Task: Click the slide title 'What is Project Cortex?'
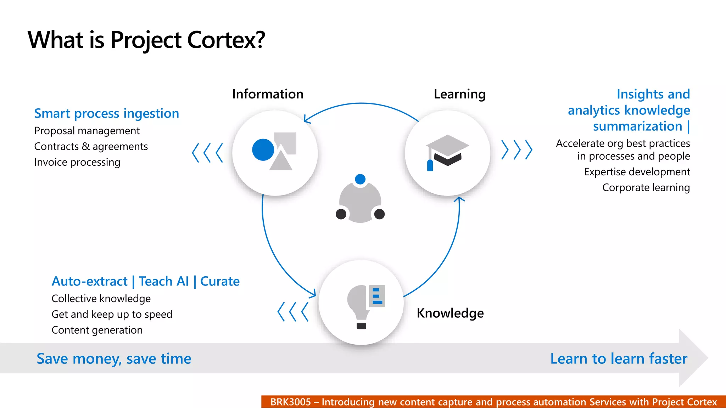click(x=146, y=40)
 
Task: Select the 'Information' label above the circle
click(x=268, y=94)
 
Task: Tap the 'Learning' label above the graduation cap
click(x=459, y=94)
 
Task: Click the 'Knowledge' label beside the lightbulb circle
click(x=450, y=313)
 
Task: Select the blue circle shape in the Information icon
click(x=263, y=150)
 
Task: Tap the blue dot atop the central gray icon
click(x=360, y=179)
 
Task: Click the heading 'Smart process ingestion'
click(x=106, y=114)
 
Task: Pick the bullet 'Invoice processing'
click(x=77, y=162)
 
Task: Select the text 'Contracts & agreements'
click(x=91, y=147)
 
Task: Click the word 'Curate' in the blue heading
click(x=220, y=282)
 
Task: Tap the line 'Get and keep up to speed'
click(x=112, y=314)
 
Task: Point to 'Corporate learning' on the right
click(x=646, y=188)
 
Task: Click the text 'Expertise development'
click(x=637, y=172)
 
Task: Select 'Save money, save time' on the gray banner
click(x=114, y=359)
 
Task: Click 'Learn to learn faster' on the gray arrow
click(x=619, y=359)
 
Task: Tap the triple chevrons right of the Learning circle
click(x=517, y=150)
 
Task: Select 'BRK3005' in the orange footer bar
click(x=290, y=402)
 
